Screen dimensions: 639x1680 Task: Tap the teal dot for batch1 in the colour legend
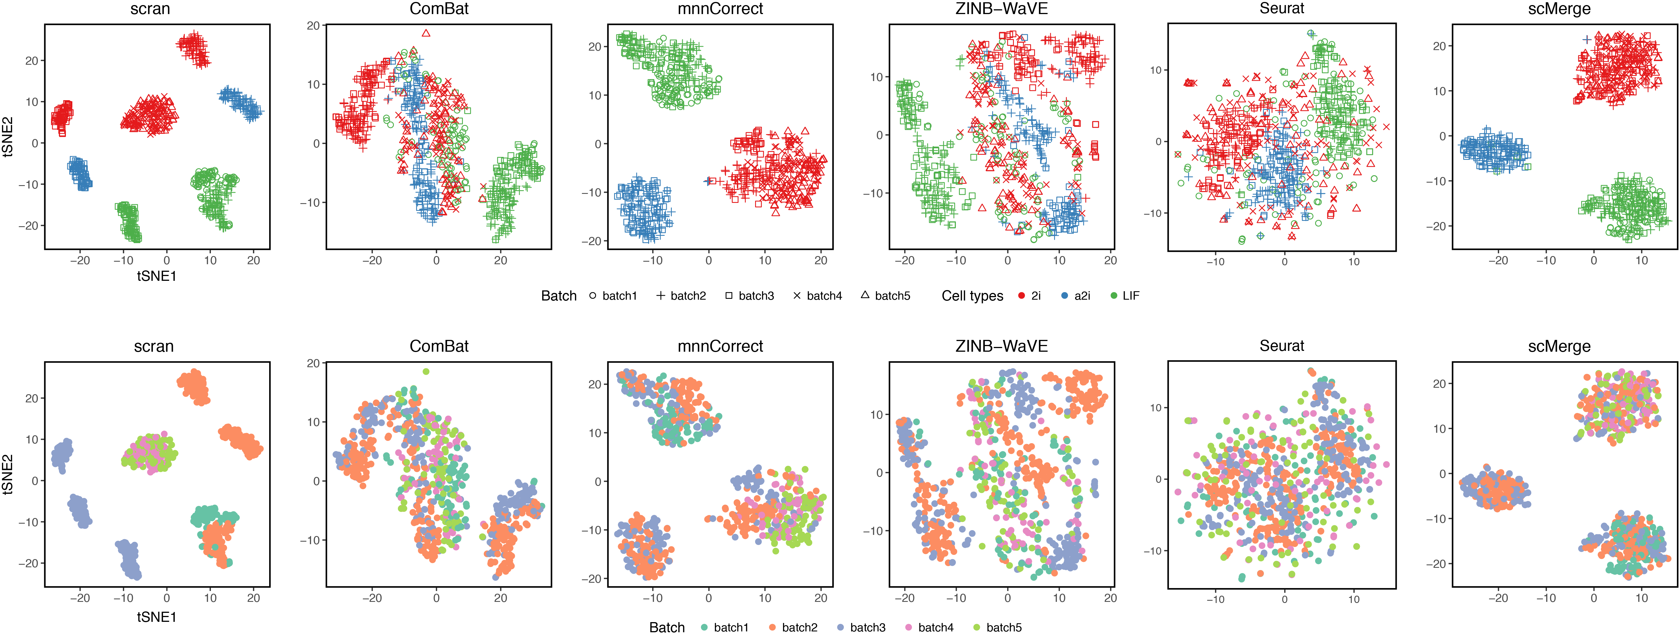[704, 627]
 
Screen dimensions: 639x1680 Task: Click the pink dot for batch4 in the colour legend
[908, 627]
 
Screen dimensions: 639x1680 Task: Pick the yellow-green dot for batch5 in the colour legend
[976, 627]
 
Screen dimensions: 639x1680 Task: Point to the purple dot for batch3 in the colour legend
[840, 627]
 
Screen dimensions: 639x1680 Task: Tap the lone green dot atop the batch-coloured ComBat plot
[426, 372]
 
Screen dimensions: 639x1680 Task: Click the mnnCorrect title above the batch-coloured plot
[720, 346]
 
